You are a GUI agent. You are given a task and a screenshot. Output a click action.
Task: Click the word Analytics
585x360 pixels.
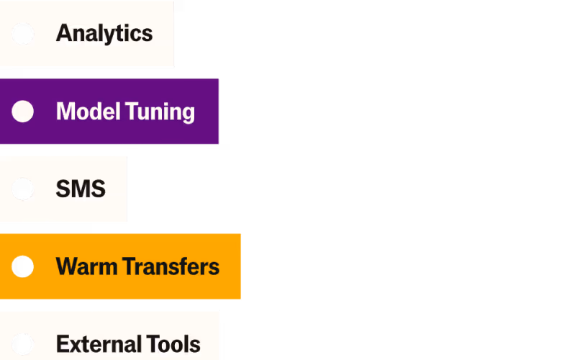104,34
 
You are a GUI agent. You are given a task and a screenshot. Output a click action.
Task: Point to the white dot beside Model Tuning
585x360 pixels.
23,112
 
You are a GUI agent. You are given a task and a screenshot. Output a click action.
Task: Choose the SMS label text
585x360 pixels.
81,189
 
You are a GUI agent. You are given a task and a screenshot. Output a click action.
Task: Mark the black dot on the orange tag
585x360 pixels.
23,266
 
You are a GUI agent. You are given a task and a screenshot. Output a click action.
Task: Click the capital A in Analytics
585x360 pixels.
63,34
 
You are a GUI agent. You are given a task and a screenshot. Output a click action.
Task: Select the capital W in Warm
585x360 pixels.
66,266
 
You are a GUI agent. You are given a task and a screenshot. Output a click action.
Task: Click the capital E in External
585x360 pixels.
61,344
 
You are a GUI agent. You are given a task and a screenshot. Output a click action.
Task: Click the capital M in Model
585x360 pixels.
65,112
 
